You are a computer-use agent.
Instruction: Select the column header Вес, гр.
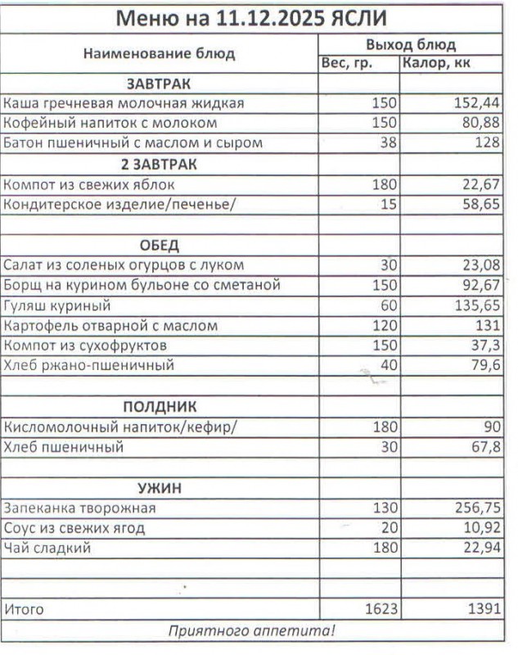point(347,63)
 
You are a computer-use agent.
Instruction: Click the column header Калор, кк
point(438,63)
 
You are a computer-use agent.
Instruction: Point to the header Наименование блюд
point(159,53)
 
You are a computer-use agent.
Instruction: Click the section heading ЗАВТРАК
point(159,84)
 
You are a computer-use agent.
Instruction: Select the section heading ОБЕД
point(159,246)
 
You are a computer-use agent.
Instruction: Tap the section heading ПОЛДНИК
point(160,407)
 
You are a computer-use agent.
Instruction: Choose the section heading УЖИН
point(160,488)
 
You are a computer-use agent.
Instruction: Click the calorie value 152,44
point(477,103)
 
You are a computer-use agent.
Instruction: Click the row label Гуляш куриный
point(56,305)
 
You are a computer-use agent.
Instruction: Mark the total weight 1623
point(380,609)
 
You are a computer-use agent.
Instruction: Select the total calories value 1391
point(481,609)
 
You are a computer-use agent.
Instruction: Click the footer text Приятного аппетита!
point(251,630)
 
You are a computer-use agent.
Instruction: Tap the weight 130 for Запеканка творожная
point(384,508)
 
